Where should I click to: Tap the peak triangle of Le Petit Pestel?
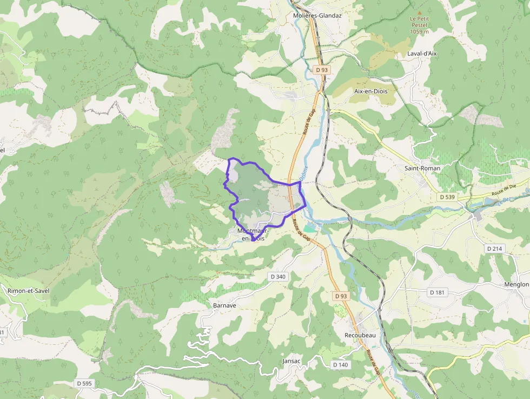(419, 12)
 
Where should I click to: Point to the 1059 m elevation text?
(419, 31)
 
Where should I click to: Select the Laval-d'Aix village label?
(422, 54)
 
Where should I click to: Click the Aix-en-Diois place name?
(371, 91)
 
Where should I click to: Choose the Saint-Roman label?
(422, 168)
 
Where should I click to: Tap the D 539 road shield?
(447, 197)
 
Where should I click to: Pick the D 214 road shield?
(495, 248)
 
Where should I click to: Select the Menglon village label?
(516, 284)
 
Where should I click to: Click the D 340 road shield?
(277, 277)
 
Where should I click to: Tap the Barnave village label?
(224, 305)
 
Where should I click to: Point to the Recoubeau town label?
(360, 335)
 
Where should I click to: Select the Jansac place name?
(291, 361)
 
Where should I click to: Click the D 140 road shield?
(340, 365)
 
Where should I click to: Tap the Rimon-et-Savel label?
(28, 291)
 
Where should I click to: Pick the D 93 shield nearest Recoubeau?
(341, 296)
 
